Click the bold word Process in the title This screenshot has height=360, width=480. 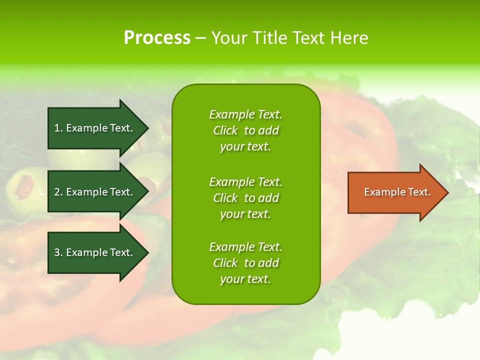(x=157, y=38)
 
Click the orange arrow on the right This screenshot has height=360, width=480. (x=395, y=192)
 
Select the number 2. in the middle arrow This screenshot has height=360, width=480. (x=58, y=192)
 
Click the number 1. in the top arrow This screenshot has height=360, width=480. (x=58, y=128)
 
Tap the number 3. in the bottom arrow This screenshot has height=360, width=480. (x=58, y=252)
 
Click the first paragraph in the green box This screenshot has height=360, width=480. (x=245, y=130)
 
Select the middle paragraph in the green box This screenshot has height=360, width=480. (x=245, y=198)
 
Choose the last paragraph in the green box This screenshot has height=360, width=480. (x=245, y=263)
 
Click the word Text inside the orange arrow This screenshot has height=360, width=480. (x=419, y=192)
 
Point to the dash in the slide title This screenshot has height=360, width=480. (x=200, y=38)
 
